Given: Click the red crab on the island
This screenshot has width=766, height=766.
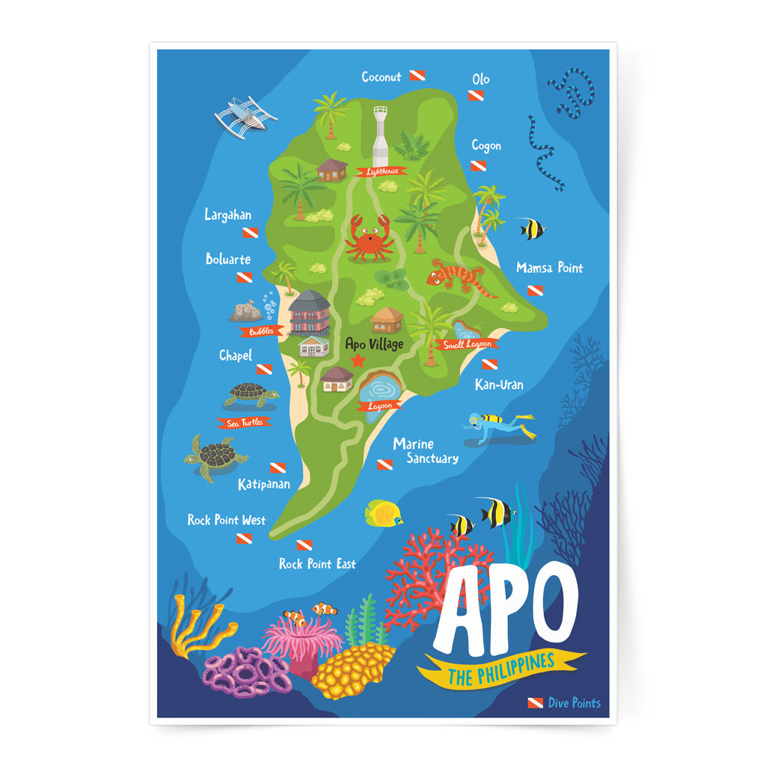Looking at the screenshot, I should point(369,239).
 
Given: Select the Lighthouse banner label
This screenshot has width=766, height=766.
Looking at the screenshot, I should point(381,171).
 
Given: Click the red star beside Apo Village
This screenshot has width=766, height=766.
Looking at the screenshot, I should point(358,361).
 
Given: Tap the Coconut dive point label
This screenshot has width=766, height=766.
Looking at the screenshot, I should point(382,77).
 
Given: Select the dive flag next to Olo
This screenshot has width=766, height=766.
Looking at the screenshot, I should point(476,96).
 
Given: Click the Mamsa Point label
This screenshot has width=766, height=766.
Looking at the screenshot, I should point(549,268).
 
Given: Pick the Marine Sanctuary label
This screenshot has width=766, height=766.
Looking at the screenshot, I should point(425,451).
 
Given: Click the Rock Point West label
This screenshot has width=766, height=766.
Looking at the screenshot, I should point(226,520).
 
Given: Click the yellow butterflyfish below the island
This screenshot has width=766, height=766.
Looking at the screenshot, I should point(384,513).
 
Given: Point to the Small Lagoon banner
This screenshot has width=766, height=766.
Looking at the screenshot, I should point(468,344).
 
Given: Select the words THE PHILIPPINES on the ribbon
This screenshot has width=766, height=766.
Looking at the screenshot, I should point(501,669).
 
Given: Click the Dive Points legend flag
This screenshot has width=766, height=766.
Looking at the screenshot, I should point(535,702).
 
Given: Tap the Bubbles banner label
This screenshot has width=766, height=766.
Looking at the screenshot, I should point(262,330).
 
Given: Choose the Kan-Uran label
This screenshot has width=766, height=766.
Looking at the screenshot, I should point(499,384).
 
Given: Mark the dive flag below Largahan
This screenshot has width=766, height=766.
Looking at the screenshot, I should point(250,233).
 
